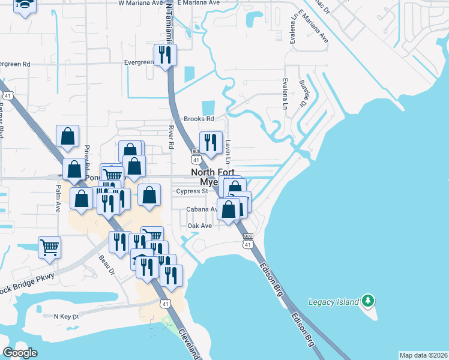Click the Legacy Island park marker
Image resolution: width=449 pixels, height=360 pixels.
(x=369, y=300)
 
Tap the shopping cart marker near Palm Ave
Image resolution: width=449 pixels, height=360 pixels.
(x=49, y=246)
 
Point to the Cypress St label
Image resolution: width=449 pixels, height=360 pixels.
(x=191, y=191)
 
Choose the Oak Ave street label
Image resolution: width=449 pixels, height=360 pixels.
(x=200, y=226)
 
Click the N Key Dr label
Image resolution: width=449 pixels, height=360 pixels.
(x=66, y=316)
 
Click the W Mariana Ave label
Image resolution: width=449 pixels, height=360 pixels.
(x=141, y=3)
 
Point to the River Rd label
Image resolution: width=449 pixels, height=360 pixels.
(x=171, y=137)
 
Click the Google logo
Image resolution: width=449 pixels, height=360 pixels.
(x=20, y=353)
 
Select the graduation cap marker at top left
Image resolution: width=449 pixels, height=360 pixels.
(x=24, y=5)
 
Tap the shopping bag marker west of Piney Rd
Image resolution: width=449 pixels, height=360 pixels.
(x=67, y=137)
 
